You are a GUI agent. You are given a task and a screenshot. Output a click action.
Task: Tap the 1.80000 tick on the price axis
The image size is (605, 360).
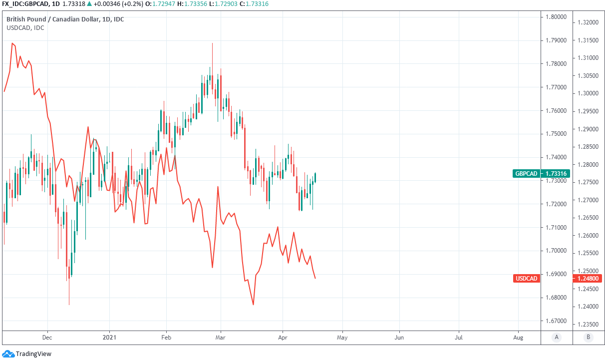click(556, 17)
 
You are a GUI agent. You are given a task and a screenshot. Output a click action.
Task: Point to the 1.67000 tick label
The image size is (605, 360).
click(556, 321)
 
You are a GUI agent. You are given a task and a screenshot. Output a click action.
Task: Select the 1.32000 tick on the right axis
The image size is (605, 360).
click(588, 22)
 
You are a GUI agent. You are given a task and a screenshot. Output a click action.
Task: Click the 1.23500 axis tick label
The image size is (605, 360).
click(588, 324)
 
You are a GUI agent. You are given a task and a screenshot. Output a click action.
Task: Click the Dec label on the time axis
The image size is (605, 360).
click(47, 337)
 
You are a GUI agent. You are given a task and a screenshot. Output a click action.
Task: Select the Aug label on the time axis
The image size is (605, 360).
click(518, 337)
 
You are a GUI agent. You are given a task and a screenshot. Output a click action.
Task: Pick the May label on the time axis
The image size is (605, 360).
click(342, 337)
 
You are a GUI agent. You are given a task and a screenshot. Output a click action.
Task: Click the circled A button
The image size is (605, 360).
click(556, 337)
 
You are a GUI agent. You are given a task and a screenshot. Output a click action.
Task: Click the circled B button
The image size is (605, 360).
click(588, 337)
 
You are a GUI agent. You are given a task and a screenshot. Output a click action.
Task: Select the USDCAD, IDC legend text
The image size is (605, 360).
click(25, 28)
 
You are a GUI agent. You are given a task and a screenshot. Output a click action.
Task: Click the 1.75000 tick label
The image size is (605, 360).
click(556, 134)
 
